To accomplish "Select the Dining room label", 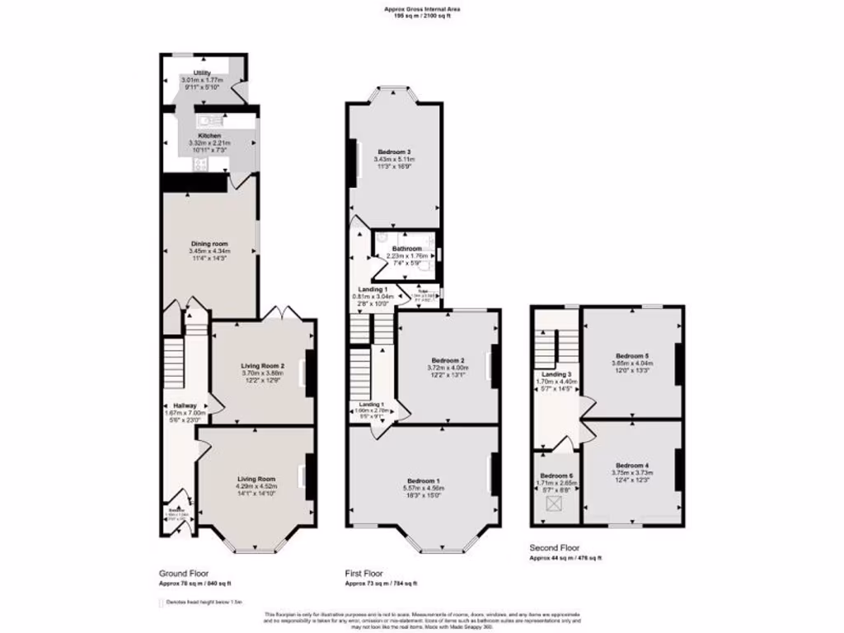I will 209,244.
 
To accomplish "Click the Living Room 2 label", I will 262,365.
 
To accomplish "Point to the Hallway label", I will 185,406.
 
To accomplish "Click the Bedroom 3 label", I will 394,152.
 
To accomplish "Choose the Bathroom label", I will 407,249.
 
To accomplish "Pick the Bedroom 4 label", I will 631,465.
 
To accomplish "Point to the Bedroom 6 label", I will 556,476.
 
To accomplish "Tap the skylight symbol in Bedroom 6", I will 556,501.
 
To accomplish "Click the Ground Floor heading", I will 183,572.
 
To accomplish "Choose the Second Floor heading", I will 554,547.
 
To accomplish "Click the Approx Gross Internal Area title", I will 422,9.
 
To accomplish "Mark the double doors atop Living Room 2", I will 275,315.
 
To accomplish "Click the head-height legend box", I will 162,603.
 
